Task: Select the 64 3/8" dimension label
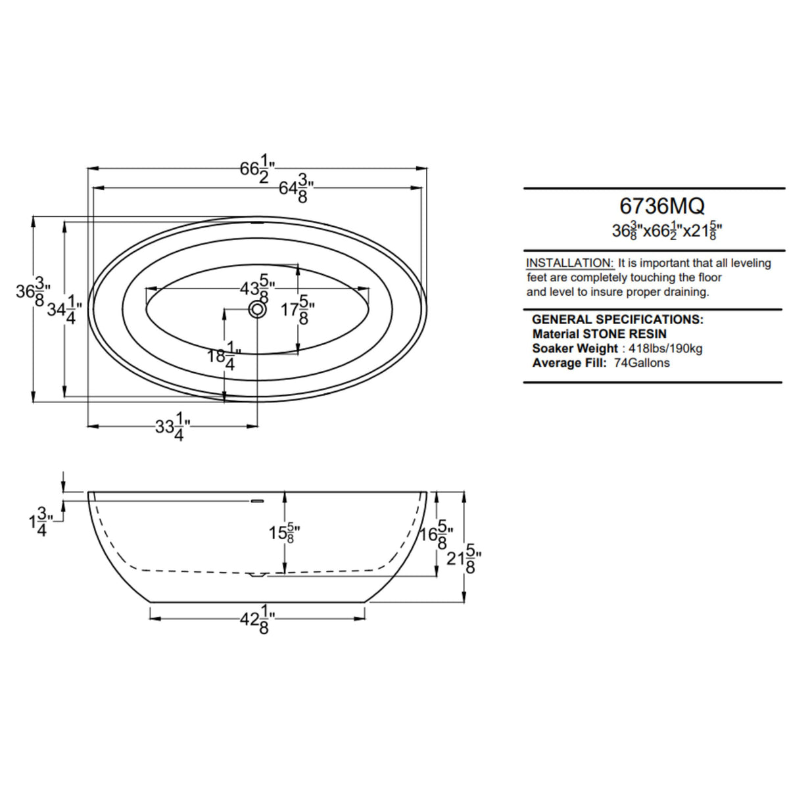(296, 187)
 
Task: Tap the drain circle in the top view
(258, 309)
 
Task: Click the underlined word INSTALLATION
(570, 263)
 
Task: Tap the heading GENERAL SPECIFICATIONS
(617, 320)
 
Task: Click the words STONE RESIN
(625, 334)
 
